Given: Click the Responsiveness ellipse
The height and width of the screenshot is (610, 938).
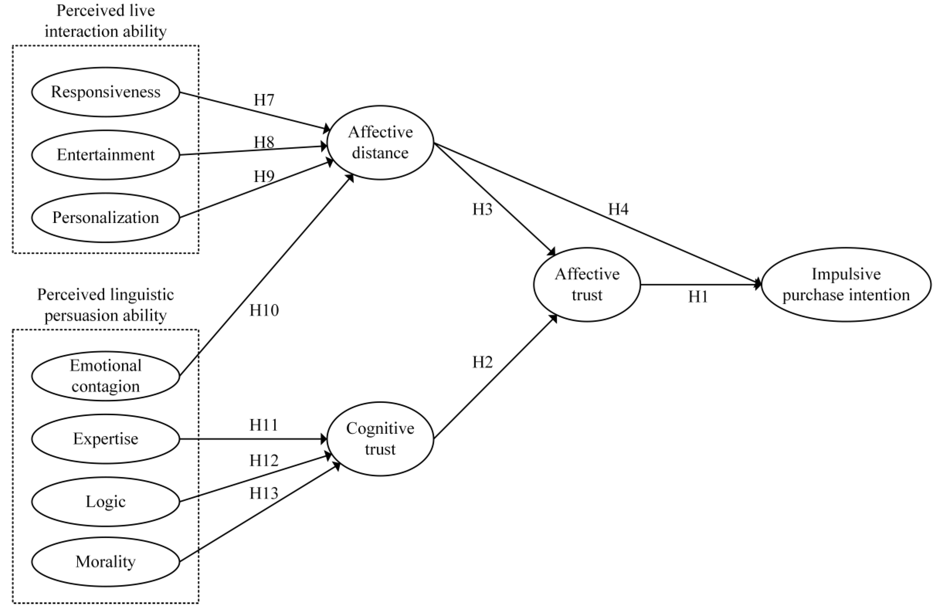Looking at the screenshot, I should [x=106, y=92].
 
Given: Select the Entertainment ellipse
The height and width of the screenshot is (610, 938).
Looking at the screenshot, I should [x=106, y=155].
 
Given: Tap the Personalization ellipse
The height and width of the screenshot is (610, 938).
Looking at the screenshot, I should [x=106, y=217].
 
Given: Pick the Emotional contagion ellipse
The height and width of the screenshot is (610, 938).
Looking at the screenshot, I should [x=106, y=376].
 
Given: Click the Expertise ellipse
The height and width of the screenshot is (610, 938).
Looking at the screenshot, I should [x=106, y=439].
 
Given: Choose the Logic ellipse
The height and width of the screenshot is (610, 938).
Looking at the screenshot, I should [x=106, y=502].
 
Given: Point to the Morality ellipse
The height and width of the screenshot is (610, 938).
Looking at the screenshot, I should [x=106, y=562].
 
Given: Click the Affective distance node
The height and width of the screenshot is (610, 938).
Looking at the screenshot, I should [x=380, y=143].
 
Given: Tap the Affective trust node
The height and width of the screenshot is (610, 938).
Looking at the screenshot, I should [x=587, y=284].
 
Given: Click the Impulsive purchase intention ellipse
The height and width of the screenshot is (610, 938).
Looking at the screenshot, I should [x=846, y=284].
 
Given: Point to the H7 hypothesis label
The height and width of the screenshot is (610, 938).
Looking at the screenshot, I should [x=264, y=100].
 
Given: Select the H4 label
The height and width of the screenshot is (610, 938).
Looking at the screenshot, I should [x=618, y=209].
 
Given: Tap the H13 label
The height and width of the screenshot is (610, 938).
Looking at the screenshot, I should [x=264, y=493].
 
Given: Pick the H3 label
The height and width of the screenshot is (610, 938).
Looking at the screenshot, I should [x=482, y=209].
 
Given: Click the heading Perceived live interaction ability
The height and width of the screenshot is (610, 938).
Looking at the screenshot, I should [x=106, y=21].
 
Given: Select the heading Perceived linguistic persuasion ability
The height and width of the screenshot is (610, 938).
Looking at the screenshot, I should [x=106, y=305].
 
